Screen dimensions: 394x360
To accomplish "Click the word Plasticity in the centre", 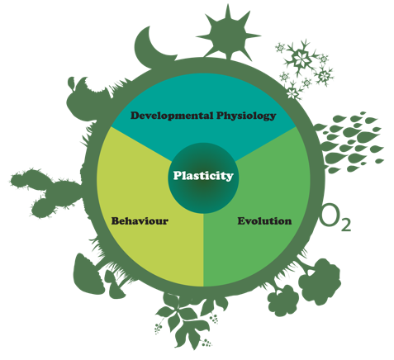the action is point(203,176).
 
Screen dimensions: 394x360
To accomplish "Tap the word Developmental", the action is point(172,116).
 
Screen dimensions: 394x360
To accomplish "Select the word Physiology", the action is point(246,116).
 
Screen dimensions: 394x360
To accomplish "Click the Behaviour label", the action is point(140,221).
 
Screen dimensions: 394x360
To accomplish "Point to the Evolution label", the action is point(264,221).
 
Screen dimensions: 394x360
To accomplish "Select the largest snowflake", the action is point(299,59).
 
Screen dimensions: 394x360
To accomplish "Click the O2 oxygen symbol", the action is point(335,218).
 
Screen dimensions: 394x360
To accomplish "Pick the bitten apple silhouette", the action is point(85,101).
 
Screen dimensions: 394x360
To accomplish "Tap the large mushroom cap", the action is point(87,274).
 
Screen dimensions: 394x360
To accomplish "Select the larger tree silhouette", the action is point(320,281).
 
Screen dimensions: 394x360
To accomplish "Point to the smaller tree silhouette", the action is point(283,301).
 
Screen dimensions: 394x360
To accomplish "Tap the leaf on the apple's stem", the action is point(71,82).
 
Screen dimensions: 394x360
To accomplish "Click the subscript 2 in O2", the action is point(346,225).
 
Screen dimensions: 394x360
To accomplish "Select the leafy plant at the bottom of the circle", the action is point(188,320).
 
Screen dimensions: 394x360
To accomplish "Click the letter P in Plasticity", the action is point(178,175).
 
